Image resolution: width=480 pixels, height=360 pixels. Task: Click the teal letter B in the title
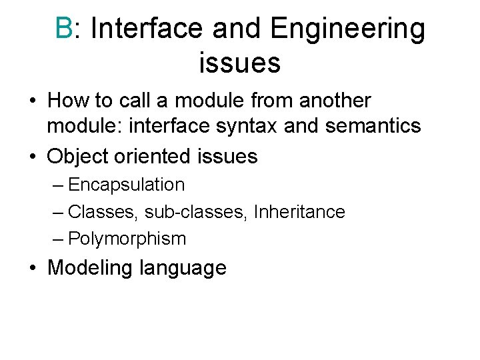64,29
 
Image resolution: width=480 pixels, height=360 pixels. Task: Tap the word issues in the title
239,63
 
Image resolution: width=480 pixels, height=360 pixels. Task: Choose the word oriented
157,157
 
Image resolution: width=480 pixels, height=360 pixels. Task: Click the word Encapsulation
127,185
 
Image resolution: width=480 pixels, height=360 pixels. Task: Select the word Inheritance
300,212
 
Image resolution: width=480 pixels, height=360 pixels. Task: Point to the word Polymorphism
127,239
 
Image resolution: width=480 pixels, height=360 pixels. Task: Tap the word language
183,269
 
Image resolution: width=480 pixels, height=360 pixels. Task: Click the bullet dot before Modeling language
33,268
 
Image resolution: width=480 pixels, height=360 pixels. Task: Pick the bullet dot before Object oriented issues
33,157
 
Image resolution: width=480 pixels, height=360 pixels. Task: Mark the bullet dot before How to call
33,101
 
